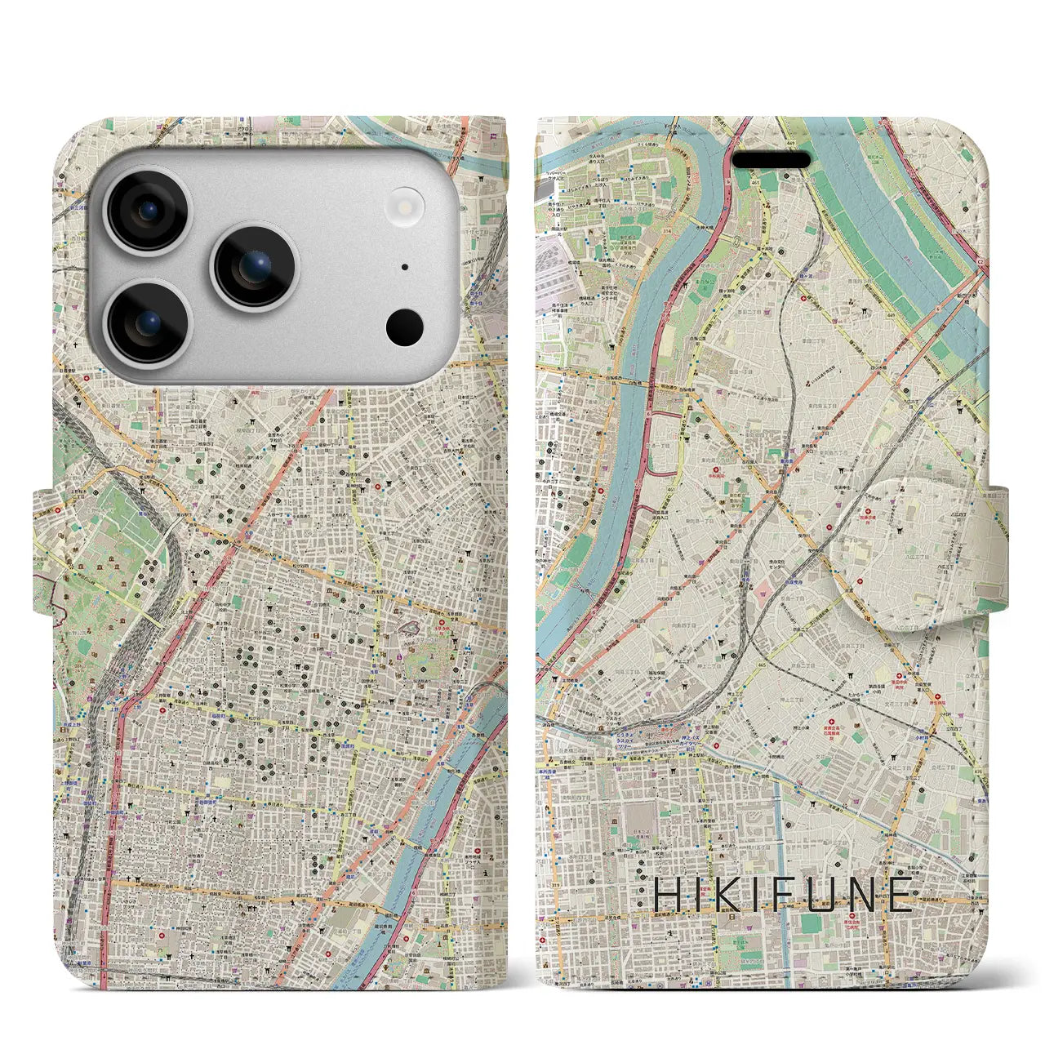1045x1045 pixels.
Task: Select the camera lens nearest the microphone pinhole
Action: coord(255,267)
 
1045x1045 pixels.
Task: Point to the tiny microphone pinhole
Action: coord(404,267)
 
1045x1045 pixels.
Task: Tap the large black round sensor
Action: coord(404,328)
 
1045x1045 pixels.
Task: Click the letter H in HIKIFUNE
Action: coord(667,896)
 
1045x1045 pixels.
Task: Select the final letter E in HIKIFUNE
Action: coord(900,896)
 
